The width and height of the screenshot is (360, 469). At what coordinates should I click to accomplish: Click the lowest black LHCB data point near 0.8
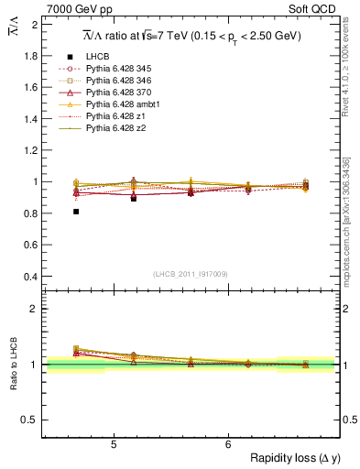pos(76,212)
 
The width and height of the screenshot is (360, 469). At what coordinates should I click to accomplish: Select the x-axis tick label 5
pos(113,444)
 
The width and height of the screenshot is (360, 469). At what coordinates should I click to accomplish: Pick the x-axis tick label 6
pos(228,444)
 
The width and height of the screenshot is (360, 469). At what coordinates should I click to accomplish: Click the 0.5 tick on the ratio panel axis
pos(32,420)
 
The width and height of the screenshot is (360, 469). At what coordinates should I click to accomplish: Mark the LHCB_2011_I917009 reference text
pos(191,273)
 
